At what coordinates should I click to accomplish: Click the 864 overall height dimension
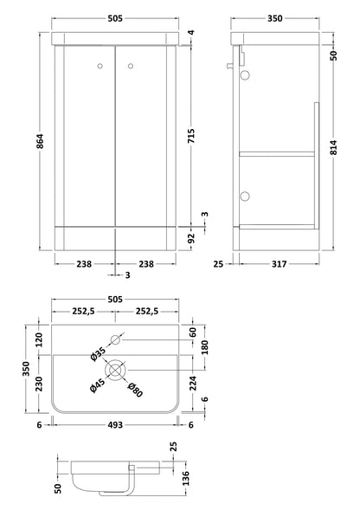(x=40, y=141)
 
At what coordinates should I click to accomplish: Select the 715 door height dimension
(x=191, y=136)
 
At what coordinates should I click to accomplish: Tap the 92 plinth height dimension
(x=191, y=238)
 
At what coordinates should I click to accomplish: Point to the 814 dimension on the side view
(x=334, y=147)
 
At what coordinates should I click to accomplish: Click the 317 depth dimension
(x=279, y=264)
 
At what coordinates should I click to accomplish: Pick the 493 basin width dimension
(x=115, y=425)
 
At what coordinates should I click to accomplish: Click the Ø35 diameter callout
(x=98, y=354)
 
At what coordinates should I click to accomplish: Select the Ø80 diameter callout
(x=135, y=390)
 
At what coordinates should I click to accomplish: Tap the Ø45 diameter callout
(x=97, y=385)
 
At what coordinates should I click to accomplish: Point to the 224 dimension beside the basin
(x=193, y=384)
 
